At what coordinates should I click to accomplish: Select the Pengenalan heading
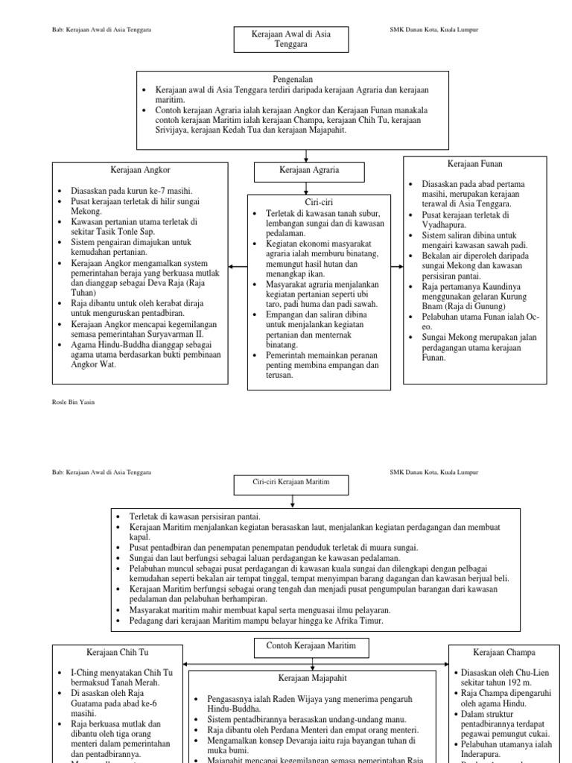pyautogui.click(x=292, y=78)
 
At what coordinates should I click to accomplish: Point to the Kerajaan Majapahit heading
pyautogui.click(x=303, y=677)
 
